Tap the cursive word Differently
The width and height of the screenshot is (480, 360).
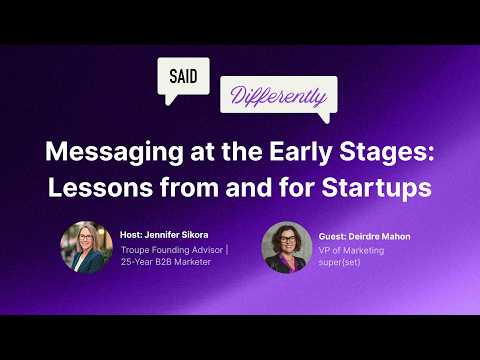point(277,97)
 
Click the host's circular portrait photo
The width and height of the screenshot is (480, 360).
point(85,247)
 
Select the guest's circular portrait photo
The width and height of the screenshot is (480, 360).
point(285,248)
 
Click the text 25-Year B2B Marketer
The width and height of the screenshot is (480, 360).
point(167,262)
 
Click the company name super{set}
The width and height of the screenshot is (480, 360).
point(341,263)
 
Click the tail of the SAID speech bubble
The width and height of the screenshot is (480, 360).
point(171,100)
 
